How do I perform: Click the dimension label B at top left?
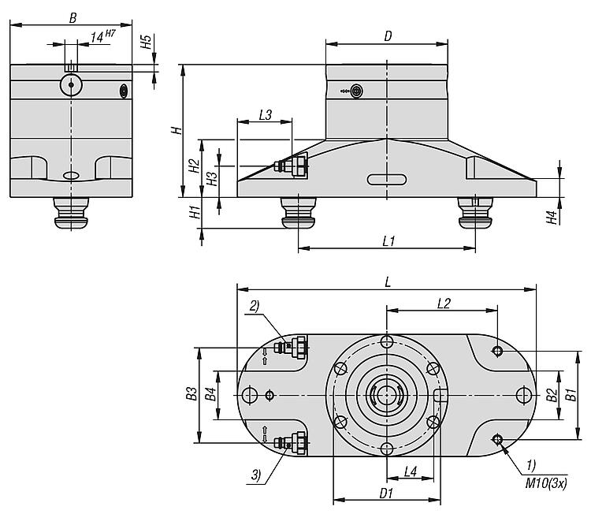[72, 17]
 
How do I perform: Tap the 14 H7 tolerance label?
[102, 36]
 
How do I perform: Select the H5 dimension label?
[146, 42]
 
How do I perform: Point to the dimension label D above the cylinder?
[388, 36]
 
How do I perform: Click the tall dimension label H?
[177, 131]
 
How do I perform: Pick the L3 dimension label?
[266, 114]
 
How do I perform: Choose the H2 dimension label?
[194, 166]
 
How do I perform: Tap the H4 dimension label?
[552, 218]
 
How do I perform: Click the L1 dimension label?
[388, 240]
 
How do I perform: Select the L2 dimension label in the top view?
[444, 304]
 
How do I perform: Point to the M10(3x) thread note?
[546, 483]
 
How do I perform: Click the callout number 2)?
[255, 306]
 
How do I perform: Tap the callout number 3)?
[256, 475]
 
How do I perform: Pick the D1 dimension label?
[386, 494]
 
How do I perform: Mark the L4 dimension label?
[410, 471]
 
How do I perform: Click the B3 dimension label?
[191, 393]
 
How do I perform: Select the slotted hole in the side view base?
[387, 180]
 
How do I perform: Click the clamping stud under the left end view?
[71, 213]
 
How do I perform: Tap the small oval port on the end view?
[123, 91]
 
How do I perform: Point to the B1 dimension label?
[572, 395]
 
